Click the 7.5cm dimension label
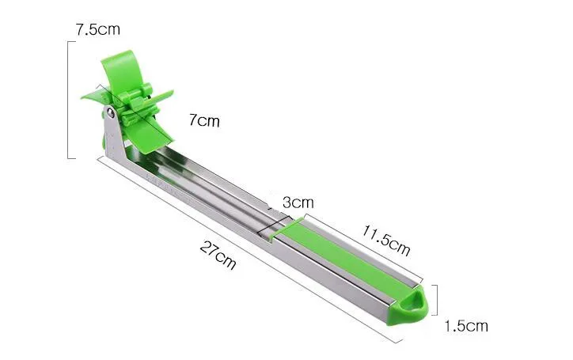tap(97, 29)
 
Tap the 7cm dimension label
tap(205, 120)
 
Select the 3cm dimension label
tap(298, 202)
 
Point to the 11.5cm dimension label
tap(386, 241)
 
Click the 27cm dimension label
tap(218, 256)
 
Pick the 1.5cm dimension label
tap(466, 326)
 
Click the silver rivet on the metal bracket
tap(110, 114)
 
